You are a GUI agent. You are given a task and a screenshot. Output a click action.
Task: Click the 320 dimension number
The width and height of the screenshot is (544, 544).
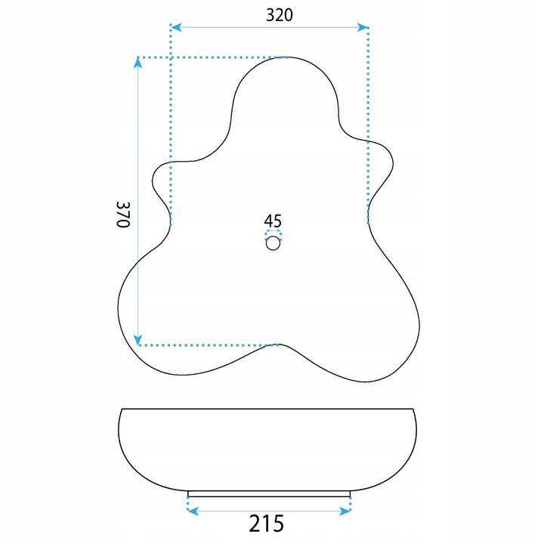[280, 15]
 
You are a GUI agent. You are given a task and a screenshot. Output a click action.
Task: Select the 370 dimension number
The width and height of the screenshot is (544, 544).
[123, 215]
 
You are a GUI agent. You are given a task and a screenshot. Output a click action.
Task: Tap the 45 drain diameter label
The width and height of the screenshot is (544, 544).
[273, 221]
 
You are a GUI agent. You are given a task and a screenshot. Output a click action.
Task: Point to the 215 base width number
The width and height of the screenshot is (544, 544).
[267, 524]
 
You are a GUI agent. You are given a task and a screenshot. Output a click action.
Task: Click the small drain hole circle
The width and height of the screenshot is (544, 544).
[273, 243]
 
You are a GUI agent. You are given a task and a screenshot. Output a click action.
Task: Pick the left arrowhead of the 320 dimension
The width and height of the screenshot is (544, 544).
[176, 27]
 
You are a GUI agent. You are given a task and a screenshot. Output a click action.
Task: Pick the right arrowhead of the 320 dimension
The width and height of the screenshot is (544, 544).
[363, 27]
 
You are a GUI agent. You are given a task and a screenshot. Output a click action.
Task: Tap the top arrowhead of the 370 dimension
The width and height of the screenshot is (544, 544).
[138, 63]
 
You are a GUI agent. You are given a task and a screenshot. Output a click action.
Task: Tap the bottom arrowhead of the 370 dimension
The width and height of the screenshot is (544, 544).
[138, 340]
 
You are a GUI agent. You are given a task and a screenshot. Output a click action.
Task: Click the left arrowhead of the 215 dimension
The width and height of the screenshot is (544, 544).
[193, 511]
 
